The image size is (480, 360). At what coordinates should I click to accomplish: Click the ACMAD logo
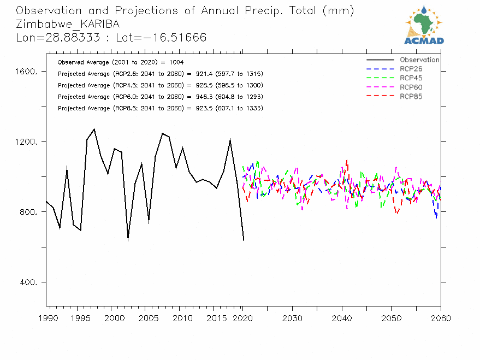coord(424,25)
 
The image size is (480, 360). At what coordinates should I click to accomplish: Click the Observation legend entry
coord(419,60)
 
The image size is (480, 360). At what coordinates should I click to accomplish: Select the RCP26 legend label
coord(411,69)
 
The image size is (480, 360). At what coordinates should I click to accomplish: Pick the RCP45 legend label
coord(411,78)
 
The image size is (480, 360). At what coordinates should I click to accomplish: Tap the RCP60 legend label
coord(411,87)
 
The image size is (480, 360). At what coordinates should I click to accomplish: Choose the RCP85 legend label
coord(411,97)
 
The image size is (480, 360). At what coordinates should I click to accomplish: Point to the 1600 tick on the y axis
coord(26,72)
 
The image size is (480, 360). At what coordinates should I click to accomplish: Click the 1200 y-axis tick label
coord(26,142)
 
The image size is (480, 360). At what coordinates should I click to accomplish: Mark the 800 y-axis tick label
coord(28,213)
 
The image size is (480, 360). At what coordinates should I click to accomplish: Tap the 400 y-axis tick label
coord(28,282)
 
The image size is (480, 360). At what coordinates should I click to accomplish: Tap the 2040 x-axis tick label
coord(341,318)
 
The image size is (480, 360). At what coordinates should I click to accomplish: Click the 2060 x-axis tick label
coord(441,318)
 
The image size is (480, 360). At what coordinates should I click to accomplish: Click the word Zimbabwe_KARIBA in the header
coord(68,25)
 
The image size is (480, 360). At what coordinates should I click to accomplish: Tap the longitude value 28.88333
coord(62,38)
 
